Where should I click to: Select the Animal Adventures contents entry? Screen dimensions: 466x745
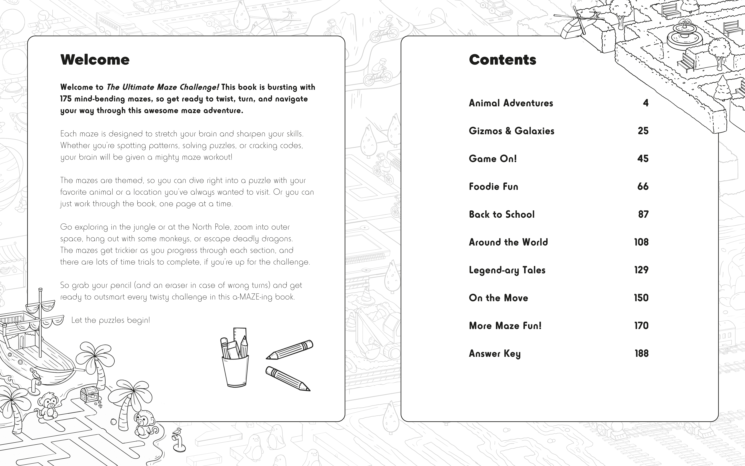pyautogui.click(x=511, y=103)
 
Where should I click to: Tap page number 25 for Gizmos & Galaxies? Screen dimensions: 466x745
pyautogui.click(x=643, y=131)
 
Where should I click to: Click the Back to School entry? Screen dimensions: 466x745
pyautogui.click(x=501, y=214)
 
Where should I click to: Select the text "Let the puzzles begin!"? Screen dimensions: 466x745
pyautogui.click(x=111, y=320)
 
